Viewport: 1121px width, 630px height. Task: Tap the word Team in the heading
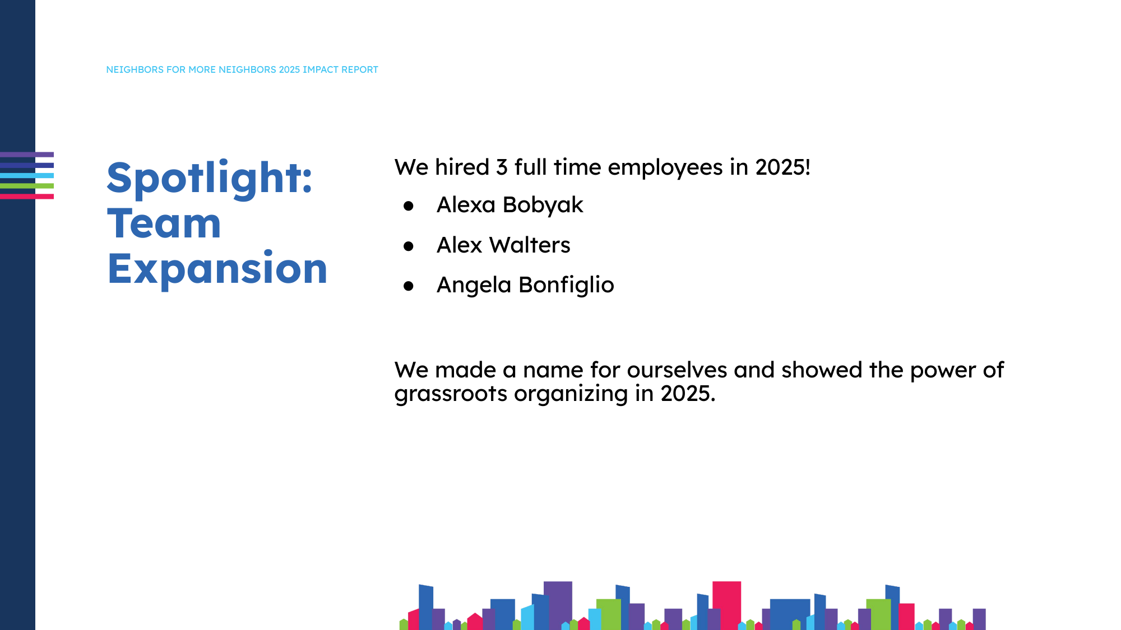[164, 224]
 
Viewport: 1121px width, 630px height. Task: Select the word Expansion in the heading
[217, 269]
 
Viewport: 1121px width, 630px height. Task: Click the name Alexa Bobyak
[509, 205]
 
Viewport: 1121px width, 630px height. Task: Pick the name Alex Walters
[503, 245]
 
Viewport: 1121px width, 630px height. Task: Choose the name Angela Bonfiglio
[525, 285]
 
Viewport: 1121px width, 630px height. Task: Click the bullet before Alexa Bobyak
[409, 206]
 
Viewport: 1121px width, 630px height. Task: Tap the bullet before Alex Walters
[409, 246]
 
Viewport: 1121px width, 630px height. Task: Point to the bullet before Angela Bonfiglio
[409, 286]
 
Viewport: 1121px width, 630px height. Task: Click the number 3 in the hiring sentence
[502, 167]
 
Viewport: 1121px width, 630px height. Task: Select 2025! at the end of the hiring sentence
[782, 167]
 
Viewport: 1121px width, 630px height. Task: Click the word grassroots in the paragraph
[451, 394]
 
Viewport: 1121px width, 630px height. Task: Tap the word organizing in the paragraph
[571, 394]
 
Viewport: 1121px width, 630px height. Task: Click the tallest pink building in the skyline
[726, 605]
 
